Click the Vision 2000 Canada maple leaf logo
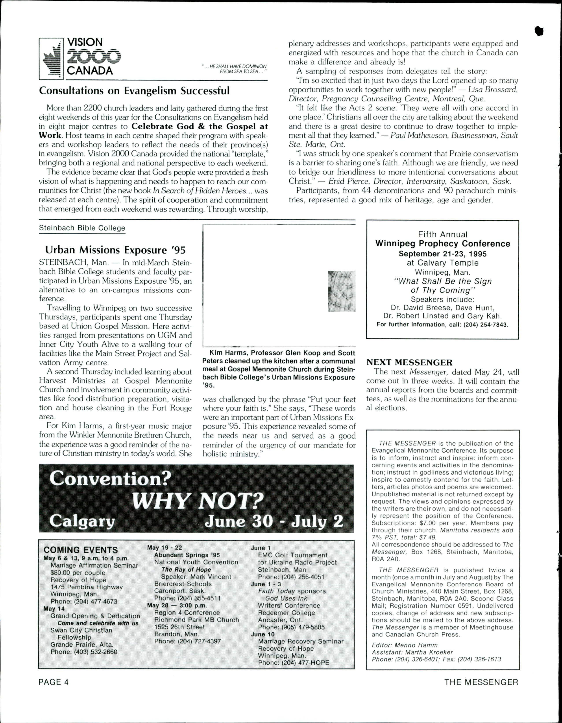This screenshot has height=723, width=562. (x=51, y=59)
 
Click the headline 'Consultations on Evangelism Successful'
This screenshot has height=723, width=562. (x=134, y=91)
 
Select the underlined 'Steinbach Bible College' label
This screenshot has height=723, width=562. (x=82, y=228)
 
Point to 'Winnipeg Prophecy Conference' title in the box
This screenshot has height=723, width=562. (x=443, y=244)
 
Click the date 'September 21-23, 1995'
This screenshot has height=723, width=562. (x=443, y=254)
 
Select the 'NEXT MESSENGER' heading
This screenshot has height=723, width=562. (x=409, y=363)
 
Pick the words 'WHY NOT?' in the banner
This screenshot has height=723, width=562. (x=198, y=501)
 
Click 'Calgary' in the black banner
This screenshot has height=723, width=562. (x=82, y=521)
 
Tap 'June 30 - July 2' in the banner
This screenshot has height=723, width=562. (x=274, y=521)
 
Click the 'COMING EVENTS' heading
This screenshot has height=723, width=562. (x=81, y=550)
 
